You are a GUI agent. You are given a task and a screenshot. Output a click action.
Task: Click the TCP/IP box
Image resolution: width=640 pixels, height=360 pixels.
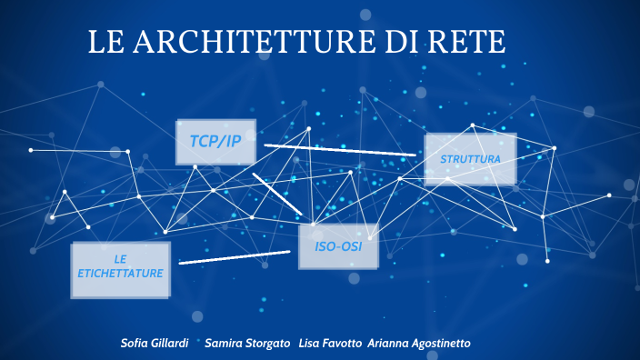[x=215, y=142]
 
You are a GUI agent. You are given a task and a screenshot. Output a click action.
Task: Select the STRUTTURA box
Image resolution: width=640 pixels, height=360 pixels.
[x=470, y=159]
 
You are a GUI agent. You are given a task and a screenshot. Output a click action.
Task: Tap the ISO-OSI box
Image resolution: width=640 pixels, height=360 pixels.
[x=338, y=246]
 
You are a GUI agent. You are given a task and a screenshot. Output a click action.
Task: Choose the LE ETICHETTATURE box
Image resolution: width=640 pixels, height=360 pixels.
[x=120, y=270]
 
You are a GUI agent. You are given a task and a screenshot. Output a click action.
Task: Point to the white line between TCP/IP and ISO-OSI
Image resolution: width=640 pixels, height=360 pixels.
[x=276, y=194]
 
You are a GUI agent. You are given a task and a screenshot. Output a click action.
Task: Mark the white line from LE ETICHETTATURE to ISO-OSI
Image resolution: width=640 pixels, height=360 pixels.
[x=234, y=257]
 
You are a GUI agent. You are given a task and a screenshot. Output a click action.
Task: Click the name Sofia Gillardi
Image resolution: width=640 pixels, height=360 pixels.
[x=155, y=343]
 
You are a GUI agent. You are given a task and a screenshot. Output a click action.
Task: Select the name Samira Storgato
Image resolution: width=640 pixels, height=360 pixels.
[x=247, y=343]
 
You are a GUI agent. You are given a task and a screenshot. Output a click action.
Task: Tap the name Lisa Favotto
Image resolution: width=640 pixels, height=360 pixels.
[x=330, y=343]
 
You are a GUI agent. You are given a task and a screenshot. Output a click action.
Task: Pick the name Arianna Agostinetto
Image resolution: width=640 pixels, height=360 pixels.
[x=419, y=343]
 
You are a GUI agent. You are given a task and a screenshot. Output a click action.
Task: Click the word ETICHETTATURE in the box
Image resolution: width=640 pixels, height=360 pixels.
[x=120, y=274]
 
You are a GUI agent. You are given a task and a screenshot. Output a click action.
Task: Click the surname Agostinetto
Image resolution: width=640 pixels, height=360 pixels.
[x=440, y=343]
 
